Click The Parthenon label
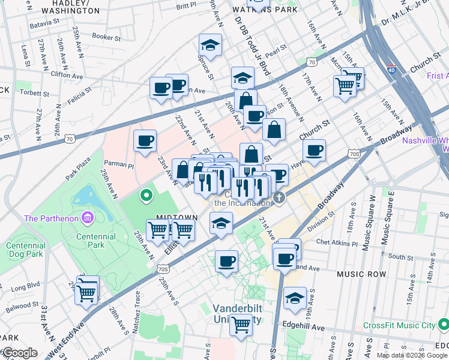tap(50, 218)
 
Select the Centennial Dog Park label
tap(25, 250)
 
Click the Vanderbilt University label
tap(238, 313)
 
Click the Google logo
tap(19, 353)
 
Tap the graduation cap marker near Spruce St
tap(211, 45)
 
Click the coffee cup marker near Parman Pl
tap(145, 141)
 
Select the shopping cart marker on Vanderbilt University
tap(241, 325)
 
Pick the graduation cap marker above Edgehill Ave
tap(295, 299)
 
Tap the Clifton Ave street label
tap(67, 76)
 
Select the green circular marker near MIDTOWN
tap(145, 195)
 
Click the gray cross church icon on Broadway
tap(278, 197)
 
